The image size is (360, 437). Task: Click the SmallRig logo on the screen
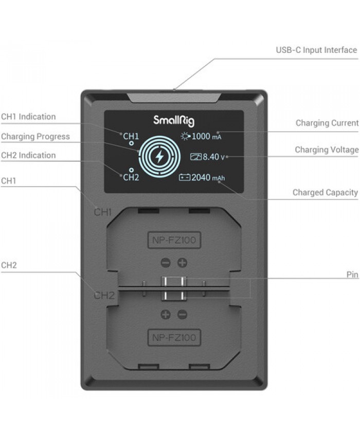coord(174,121)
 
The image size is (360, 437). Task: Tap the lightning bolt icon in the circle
coord(159,156)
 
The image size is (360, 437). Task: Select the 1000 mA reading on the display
coord(206,136)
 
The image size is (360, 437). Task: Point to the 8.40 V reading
coord(213,157)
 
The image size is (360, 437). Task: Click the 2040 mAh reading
coord(208,177)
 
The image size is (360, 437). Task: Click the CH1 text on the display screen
coord(131,136)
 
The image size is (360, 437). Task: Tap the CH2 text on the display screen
coord(131,177)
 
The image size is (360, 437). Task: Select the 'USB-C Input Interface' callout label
coord(316,50)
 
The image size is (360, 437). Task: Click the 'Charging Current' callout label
coord(327,123)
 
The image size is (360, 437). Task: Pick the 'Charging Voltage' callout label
coord(327,150)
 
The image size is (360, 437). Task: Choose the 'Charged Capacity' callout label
coord(325,193)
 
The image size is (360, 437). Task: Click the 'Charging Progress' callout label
coord(35,137)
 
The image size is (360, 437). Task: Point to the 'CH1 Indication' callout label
coord(28,117)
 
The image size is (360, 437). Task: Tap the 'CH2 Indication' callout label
coord(28,155)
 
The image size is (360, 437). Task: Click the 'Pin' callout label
coord(352,275)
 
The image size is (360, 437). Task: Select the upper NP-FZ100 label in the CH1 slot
coord(174,240)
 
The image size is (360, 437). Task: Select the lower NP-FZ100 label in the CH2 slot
coord(174,337)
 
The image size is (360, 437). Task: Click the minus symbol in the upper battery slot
coord(166,263)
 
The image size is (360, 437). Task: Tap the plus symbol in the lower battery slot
coord(166,315)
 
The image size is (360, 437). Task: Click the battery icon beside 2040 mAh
coord(184,177)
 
